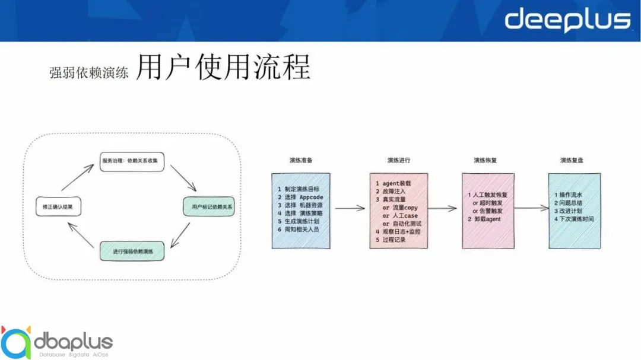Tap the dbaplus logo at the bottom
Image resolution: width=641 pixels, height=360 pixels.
[56, 342]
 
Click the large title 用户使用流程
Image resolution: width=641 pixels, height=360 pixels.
[223, 68]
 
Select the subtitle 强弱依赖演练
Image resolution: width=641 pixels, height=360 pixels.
[89, 73]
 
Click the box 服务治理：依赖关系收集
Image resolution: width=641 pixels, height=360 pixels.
[132, 161]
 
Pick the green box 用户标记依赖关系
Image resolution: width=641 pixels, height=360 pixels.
[212, 207]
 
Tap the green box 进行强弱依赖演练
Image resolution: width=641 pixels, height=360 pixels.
[131, 251]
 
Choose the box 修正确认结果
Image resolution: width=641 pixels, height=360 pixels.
[58, 206]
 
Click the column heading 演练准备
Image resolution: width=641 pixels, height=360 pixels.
[302, 160]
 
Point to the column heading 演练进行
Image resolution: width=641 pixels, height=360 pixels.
[399, 160]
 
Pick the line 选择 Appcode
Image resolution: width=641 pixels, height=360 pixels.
[303, 197]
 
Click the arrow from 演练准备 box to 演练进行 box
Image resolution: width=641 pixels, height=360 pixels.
[350, 208]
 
